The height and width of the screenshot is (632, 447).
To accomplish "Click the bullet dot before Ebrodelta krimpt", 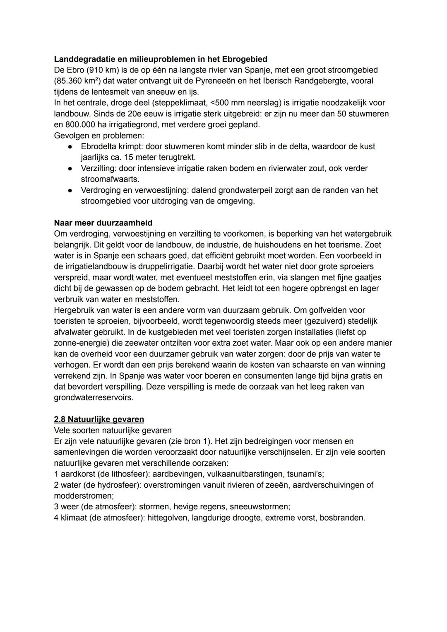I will pos(71,147).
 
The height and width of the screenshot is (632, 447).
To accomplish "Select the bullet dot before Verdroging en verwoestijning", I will pos(71,191).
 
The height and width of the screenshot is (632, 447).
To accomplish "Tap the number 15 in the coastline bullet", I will pos(121,157).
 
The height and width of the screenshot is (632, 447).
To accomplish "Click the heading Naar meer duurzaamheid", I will pos(103,223).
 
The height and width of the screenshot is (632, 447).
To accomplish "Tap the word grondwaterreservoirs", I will pos(94,398).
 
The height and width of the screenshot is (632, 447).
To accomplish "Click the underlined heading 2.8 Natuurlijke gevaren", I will pos(99,419).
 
